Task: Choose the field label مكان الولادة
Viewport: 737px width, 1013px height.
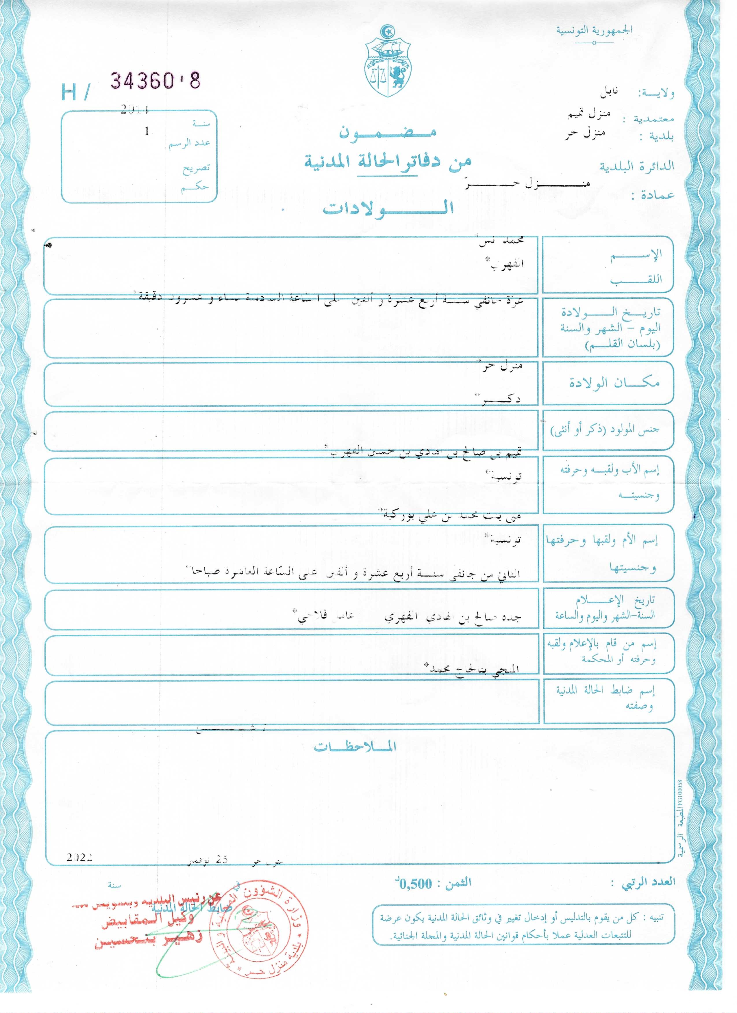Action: pos(614,383)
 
